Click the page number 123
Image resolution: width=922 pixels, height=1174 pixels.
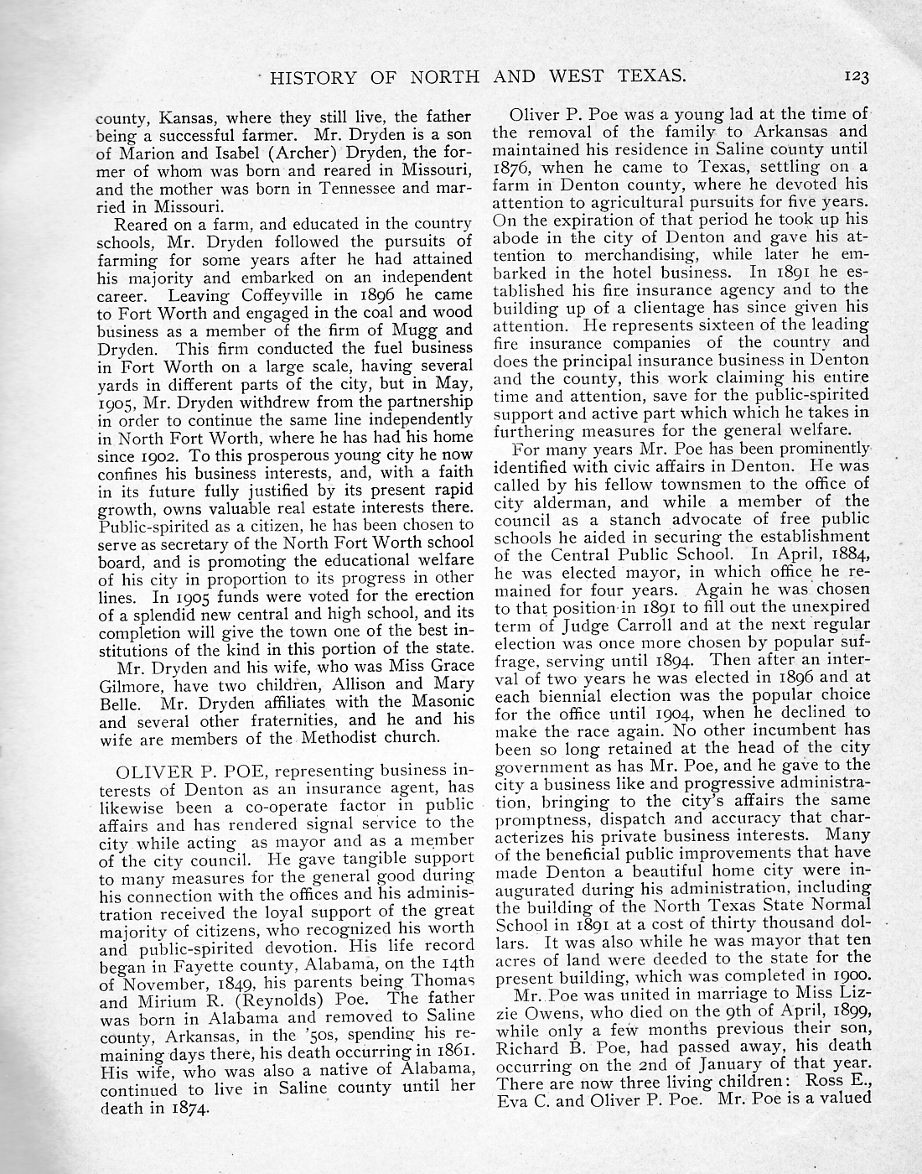click(x=857, y=77)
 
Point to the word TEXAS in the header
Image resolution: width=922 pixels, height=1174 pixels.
click(x=648, y=77)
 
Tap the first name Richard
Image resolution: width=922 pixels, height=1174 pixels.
click(x=526, y=1047)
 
